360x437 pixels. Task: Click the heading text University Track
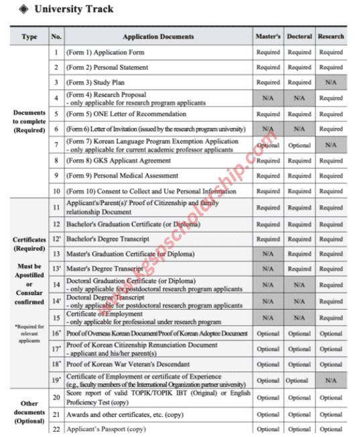coord(74,9)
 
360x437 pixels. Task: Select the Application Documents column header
coord(158,36)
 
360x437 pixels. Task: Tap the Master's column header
coord(268,36)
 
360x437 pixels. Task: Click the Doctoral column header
coord(299,36)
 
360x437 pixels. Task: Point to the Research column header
coord(331,36)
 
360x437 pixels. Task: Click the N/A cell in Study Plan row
coord(331,82)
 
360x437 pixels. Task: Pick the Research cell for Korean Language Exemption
coord(331,145)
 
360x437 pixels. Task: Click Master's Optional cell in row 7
coord(268,145)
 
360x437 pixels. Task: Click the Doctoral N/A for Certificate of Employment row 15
coord(299,318)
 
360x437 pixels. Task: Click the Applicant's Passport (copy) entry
coord(106,429)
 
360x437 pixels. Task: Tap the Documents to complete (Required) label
coord(29,121)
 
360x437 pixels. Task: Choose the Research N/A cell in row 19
coord(331,380)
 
